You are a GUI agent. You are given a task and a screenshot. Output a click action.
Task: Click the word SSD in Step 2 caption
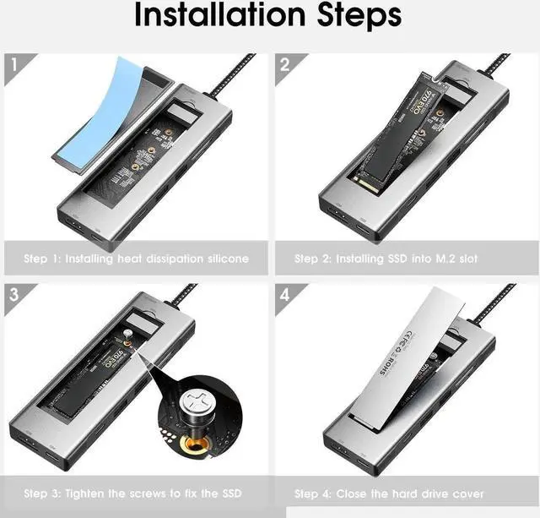400,259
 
